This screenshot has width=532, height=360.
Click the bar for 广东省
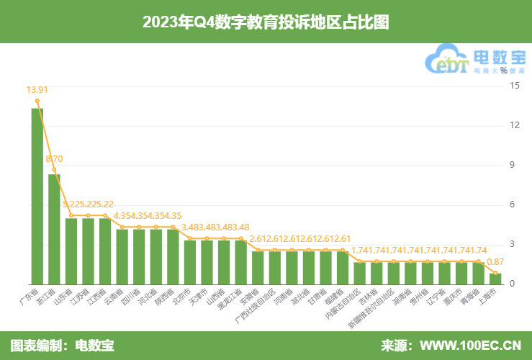[x=37, y=196]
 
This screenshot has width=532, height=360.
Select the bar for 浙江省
[x=54, y=229]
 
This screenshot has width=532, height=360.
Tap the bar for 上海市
[x=495, y=278]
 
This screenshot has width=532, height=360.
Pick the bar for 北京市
[x=190, y=261]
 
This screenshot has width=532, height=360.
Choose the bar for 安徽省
[x=258, y=267]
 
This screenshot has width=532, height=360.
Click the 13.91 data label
[x=37, y=90]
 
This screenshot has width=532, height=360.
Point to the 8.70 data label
[x=55, y=158]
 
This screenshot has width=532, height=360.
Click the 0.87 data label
[x=495, y=262]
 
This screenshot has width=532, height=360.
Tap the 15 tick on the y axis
[x=514, y=86]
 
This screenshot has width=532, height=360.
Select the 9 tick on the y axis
[x=514, y=165]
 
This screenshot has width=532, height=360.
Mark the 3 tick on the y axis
[x=514, y=244]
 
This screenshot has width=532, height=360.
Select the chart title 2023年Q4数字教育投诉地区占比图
[x=266, y=22]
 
